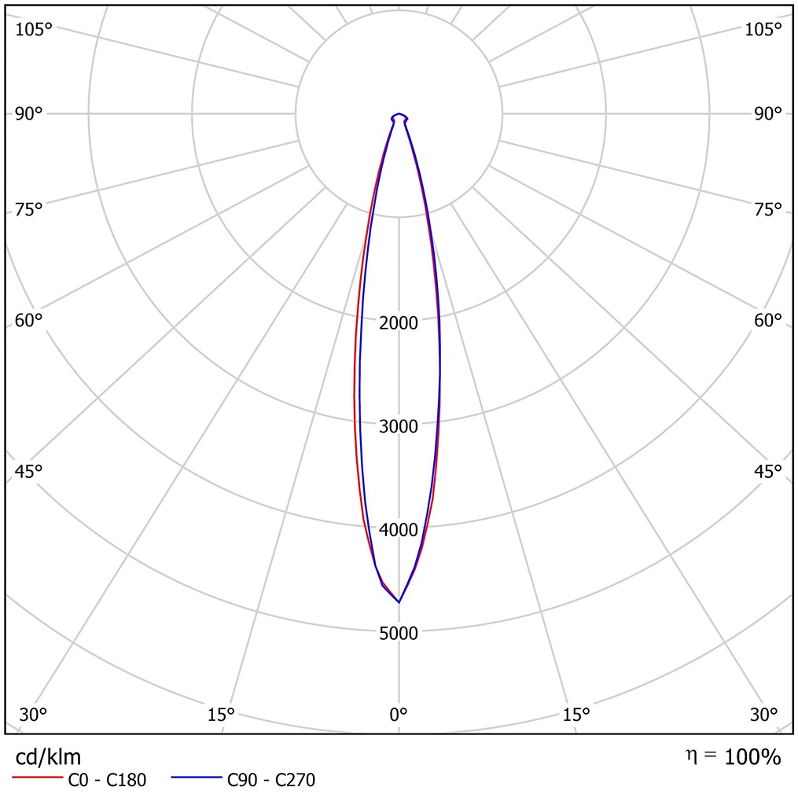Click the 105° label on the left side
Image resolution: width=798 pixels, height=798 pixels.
coord(33,30)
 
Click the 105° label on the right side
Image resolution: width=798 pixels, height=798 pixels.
coord(763,30)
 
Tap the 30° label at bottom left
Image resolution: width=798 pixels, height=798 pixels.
coord(33,715)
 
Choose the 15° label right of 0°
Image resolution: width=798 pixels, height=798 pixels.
coord(576,715)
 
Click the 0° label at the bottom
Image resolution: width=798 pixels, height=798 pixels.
coord(399,715)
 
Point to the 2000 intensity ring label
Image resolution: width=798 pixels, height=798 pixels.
coord(399,322)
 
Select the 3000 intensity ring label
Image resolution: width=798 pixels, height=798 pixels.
coord(399,426)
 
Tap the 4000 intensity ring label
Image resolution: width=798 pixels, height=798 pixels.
coord(399,530)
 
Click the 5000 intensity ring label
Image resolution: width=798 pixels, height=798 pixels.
coord(399,634)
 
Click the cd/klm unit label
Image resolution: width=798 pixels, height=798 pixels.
coord(48,756)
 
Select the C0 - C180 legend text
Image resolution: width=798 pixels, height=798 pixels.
coord(107,781)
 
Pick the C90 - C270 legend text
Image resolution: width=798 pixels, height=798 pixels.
coord(271,781)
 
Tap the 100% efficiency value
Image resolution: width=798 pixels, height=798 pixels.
coord(752,757)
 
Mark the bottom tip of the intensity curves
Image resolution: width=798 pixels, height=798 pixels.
coord(399,602)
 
